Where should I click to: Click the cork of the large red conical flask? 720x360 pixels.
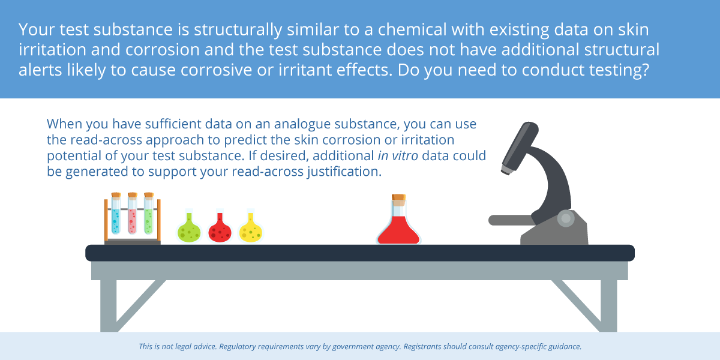pyautogui.click(x=398, y=198)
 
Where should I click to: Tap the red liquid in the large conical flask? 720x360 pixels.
pyautogui.click(x=398, y=231)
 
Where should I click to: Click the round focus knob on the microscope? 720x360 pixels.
pyautogui.click(x=566, y=218)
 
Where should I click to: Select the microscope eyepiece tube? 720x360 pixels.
pyautogui.click(x=520, y=148)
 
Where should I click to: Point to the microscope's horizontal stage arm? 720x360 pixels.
pyautogui.click(x=511, y=220)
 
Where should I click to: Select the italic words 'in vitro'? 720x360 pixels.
pyautogui.click(x=398, y=155)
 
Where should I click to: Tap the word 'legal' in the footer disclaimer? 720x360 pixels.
pyautogui.click(x=186, y=347)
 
